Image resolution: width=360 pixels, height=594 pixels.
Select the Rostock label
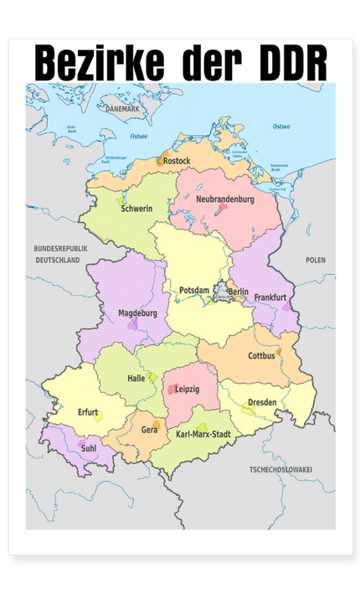pyautogui.click(x=177, y=160)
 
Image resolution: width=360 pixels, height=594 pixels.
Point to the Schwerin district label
pyautogui.click(x=136, y=209)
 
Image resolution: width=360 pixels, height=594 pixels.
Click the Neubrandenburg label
pyautogui.click(x=224, y=199)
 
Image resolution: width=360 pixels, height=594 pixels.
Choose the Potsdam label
pyautogui.click(x=194, y=290)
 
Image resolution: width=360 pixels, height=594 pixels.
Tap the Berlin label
pyautogui.click(x=239, y=292)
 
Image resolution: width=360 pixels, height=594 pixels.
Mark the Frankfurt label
pyautogui.click(x=270, y=297)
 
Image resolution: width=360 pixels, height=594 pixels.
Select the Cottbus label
pyautogui.click(x=261, y=356)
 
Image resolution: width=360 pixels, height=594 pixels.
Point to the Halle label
pyautogui.click(x=136, y=379)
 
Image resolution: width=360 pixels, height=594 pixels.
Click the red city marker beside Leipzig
pyautogui.click(x=173, y=390)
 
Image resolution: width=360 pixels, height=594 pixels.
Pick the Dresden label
pyautogui.click(x=262, y=403)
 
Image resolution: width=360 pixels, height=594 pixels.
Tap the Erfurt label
pyautogui.click(x=89, y=412)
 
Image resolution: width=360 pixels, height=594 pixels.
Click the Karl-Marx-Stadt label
pyautogui.click(x=203, y=435)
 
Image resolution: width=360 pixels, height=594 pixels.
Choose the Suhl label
pyautogui.click(x=90, y=449)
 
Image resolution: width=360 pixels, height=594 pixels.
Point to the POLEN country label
pyautogui.click(x=316, y=261)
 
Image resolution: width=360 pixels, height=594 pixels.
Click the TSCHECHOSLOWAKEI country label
pyautogui.click(x=280, y=470)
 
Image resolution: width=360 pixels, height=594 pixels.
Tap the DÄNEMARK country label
pyautogui.click(x=123, y=110)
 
